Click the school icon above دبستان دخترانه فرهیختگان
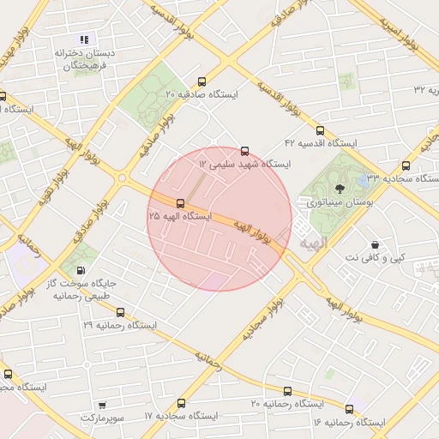point(84,39)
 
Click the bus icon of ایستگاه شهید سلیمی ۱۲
point(245,150)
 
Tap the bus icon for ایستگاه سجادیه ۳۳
point(406,165)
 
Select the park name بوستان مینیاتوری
point(337,202)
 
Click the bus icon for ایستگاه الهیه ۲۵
point(180,203)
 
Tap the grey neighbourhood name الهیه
point(314,244)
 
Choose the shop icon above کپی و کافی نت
point(374,244)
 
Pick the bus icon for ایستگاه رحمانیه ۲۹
point(120,312)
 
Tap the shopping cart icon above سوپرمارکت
point(102,405)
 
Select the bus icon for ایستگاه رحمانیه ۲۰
point(287,391)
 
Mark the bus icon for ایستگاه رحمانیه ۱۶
point(349,409)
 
